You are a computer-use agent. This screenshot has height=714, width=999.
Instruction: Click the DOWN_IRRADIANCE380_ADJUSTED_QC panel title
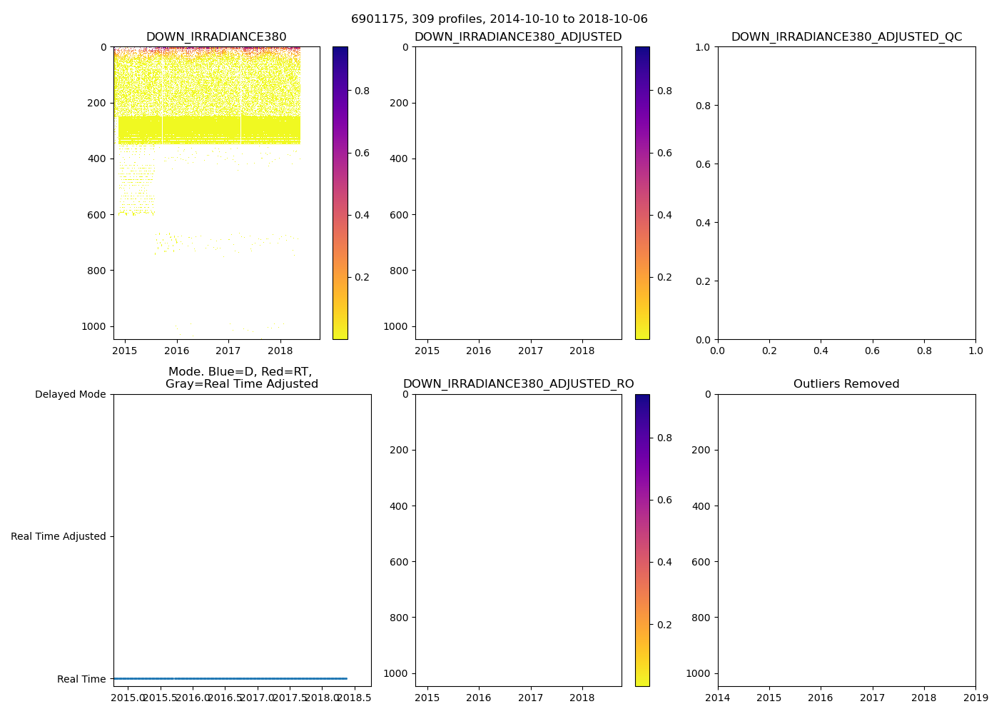click(x=846, y=37)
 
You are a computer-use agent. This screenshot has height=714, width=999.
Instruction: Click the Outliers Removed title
click(x=846, y=384)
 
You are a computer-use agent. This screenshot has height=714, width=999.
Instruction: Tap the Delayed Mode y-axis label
click(x=70, y=394)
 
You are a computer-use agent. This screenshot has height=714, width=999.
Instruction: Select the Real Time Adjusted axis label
click(x=59, y=536)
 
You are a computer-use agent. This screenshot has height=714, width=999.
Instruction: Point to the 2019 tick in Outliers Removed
click(x=975, y=698)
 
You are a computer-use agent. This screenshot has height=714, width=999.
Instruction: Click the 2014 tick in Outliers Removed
click(x=718, y=698)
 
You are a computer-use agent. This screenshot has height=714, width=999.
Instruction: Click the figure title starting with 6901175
click(x=499, y=19)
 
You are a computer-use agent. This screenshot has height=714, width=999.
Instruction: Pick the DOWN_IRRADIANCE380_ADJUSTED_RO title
click(x=518, y=384)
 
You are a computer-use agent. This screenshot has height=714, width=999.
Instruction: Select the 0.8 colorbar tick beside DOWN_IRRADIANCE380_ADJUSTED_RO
click(x=664, y=438)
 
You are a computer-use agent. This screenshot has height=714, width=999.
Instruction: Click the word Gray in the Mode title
click(x=180, y=384)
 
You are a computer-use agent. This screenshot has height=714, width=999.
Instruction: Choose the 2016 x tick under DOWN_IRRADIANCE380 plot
click(x=176, y=351)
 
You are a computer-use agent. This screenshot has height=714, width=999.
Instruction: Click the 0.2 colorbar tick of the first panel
click(x=362, y=277)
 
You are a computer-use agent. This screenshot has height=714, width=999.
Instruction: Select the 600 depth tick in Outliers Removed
click(x=701, y=562)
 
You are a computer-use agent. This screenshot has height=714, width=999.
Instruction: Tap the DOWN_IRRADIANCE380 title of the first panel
click(x=216, y=37)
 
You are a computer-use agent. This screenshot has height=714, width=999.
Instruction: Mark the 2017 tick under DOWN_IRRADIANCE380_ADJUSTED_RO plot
click(x=531, y=698)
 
